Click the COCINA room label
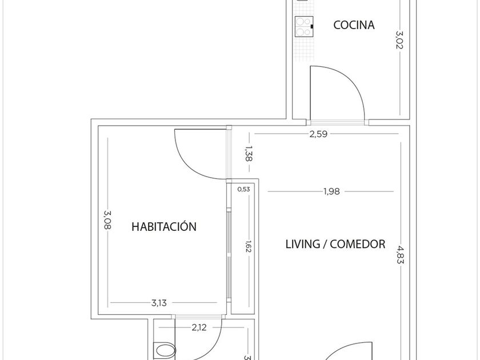(x=354, y=25)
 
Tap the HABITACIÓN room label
(x=164, y=226)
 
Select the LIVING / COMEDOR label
(x=335, y=244)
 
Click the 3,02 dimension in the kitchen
(x=399, y=40)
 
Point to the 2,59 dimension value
(x=318, y=134)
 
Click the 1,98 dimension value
(x=331, y=191)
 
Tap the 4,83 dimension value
(x=401, y=255)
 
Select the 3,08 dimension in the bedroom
(x=107, y=220)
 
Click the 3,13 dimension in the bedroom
(x=159, y=303)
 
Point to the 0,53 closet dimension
(x=243, y=189)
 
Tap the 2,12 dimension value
(x=199, y=327)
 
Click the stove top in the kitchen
(x=304, y=27)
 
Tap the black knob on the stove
(x=312, y=27)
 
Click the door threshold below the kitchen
(x=337, y=122)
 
